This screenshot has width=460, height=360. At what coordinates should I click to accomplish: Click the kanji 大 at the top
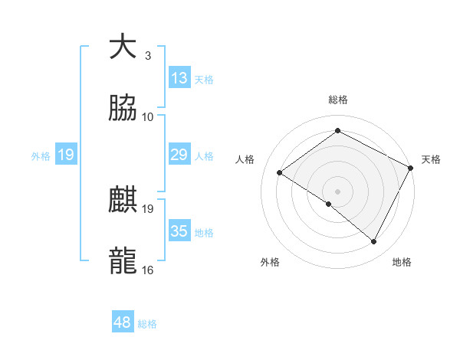123,47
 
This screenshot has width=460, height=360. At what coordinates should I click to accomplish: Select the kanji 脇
123,109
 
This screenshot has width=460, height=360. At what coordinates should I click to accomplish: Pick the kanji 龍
123,261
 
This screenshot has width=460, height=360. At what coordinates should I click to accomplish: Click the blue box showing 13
179,78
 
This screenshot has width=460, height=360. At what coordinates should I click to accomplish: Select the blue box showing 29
179,155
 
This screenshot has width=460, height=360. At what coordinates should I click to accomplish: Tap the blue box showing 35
179,231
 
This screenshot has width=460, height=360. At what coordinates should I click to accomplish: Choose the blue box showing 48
123,323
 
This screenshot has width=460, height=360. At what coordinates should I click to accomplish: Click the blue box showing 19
66,155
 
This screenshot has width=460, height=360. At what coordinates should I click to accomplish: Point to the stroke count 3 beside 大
148,55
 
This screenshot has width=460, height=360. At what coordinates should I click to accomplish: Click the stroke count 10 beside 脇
148,117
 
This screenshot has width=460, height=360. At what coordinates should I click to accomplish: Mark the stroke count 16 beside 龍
148,270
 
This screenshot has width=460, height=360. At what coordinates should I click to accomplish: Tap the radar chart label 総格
338,100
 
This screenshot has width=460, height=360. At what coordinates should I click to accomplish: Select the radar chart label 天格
431,159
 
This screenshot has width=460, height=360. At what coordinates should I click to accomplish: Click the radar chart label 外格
270,262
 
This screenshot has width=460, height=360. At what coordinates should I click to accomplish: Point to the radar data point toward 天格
410,168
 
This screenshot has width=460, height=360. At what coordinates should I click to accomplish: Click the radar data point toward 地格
374,242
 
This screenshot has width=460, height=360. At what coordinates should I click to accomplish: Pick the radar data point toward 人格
280,173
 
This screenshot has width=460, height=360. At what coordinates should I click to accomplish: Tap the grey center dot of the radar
338,191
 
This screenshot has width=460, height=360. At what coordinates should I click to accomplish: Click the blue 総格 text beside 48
148,324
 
